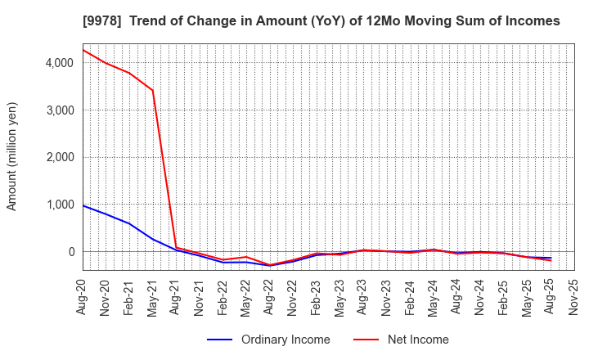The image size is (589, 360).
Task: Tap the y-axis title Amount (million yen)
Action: click(x=12, y=156)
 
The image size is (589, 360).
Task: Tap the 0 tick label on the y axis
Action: click(x=70, y=252)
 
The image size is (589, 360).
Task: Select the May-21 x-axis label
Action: click(x=153, y=297)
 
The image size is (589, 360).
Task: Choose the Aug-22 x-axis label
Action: click(x=270, y=297)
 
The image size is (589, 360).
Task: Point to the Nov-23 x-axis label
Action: click(x=387, y=297)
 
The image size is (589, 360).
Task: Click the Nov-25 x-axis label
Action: click(x=573, y=297)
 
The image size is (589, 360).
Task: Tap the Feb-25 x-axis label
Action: click(x=504, y=297)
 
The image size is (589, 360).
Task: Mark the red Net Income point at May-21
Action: click(x=153, y=90)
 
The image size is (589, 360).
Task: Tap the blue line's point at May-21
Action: click(x=153, y=239)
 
